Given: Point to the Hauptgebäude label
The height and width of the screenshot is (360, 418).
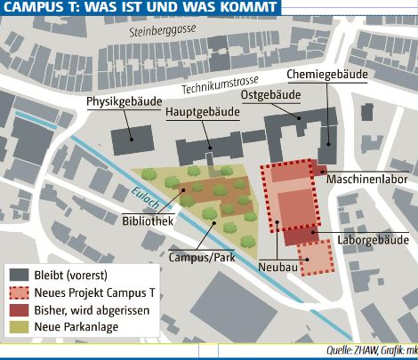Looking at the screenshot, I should (202, 113).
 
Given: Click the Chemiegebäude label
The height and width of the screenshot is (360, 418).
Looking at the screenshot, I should (327, 76).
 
